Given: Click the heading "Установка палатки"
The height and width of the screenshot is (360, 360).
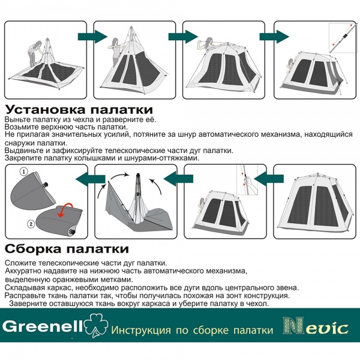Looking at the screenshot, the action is click(x=79, y=110).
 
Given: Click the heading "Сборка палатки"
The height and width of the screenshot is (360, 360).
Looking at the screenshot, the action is click(x=67, y=248).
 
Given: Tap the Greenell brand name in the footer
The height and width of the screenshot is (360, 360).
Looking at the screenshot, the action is click(x=42, y=326).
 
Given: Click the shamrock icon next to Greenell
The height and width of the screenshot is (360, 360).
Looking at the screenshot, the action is click(x=96, y=325).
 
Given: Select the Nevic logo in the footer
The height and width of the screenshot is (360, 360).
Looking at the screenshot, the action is click(x=316, y=326).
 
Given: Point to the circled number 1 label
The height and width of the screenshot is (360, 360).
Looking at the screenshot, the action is click(x=24, y=172).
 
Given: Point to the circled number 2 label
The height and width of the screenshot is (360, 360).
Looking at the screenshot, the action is click(x=31, y=224).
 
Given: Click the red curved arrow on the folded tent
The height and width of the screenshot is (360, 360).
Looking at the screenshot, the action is click(x=65, y=210).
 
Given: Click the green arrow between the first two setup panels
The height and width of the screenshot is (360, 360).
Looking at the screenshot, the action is click(x=93, y=36).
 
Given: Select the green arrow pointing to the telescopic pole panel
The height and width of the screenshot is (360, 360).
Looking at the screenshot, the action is click(x=274, y=36).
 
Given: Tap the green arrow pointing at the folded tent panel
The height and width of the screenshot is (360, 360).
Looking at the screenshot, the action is click(x=91, y=179).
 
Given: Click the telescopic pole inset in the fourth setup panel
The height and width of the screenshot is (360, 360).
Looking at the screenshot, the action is click(x=343, y=38).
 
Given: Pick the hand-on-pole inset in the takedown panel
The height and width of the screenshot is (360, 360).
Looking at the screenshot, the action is click(x=247, y=180).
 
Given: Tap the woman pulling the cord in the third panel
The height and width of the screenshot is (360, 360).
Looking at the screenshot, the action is click(x=205, y=44).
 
